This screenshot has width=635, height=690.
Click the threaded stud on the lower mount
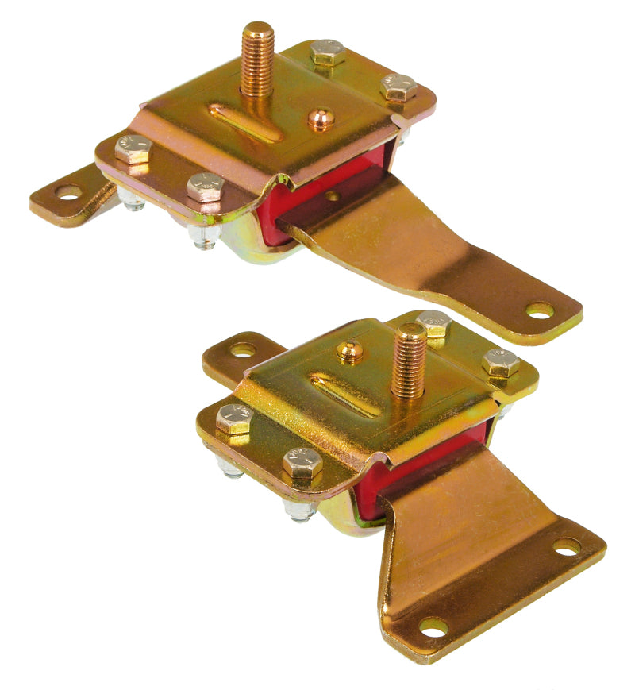click(x=410, y=362)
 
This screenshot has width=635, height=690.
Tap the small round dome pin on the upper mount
click(x=321, y=119)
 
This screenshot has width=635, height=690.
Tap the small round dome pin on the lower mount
click(x=350, y=351)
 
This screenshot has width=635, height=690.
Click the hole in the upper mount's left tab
click(x=68, y=191)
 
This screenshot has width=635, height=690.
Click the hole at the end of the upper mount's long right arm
click(x=541, y=310)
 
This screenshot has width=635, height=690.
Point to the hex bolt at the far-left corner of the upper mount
click(x=133, y=148)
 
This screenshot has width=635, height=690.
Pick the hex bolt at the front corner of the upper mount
click(x=205, y=187)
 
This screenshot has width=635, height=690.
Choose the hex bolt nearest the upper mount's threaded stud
click(x=328, y=52)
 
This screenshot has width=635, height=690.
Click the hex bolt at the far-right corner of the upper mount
click(x=398, y=87)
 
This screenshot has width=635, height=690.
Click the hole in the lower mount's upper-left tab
click(x=243, y=349)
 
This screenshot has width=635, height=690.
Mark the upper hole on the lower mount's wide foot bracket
click(x=567, y=547)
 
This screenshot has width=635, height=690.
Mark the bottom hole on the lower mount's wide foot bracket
click(x=433, y=627)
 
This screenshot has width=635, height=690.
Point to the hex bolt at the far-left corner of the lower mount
click(x=233, y=418)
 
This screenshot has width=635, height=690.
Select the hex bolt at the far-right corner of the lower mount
click(x=500, y=363)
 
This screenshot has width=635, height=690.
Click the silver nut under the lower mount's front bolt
click(x=300, y=509)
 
